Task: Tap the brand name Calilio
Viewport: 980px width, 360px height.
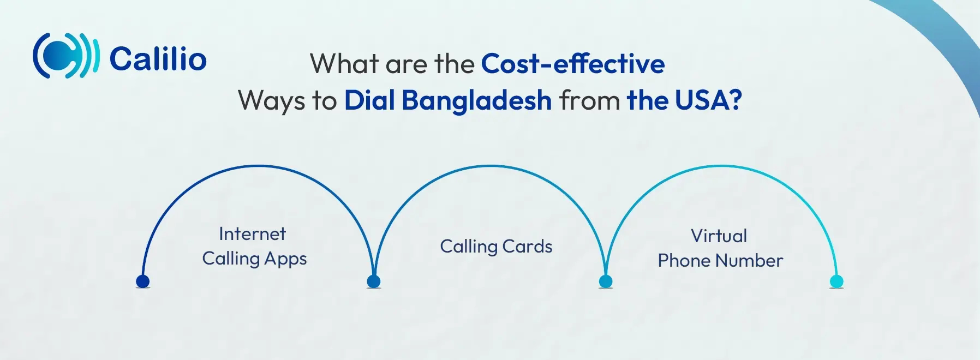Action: (x=158, y=59)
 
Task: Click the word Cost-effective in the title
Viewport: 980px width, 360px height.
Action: (x=572, y=64)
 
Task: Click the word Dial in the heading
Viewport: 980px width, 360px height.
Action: (x=369, y=101)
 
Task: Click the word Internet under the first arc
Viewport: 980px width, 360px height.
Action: (x=252, y=234)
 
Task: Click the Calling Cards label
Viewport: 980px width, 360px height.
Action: (x=496, y=247)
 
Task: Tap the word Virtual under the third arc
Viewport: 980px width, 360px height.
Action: (x=719, y=236)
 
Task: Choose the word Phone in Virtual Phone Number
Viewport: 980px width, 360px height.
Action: (x=683, y=261)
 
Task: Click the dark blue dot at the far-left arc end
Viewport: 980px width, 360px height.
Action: (x=142, y=281)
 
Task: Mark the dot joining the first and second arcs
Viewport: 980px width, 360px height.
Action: (x=374, y=281)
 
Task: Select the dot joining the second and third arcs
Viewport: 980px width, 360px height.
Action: (x=606, y=281)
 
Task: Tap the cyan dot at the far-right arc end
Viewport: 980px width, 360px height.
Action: (x=836, y=281)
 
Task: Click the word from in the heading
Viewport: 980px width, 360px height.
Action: (x=589, y=101)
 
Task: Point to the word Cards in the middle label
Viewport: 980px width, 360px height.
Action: (x=527, y=247)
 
